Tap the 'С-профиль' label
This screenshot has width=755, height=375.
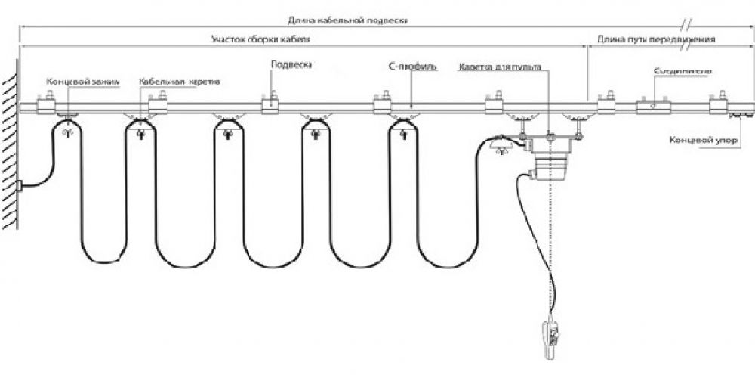(408, 66)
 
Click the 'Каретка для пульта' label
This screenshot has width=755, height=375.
(499, 67)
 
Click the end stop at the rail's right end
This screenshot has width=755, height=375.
(741, 114)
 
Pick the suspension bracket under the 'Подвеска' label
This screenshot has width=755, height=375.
(270, 105)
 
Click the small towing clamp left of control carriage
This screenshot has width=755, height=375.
(499, 147)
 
